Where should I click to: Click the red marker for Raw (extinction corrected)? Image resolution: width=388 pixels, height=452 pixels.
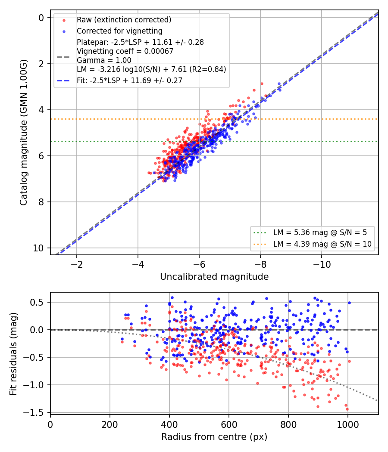pyautogui.click(x=64, y=20)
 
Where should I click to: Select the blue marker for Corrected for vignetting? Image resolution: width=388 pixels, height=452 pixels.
pyautogui.click(x=64, y=31)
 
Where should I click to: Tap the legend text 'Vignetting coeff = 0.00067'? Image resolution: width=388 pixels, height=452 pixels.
pyautogui.click(x=125, y=51)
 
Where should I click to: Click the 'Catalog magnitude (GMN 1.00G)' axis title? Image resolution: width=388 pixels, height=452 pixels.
pyautogui.click(x=23, y=133)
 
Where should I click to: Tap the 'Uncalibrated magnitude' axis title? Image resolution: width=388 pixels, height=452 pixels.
pyautogui.click(x=214, y=277)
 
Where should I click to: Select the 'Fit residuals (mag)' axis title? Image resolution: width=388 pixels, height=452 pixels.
pyautogui.click(x=13, y=354)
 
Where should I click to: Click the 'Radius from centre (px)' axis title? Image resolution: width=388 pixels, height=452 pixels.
pyautogui.click(x=214, y=437)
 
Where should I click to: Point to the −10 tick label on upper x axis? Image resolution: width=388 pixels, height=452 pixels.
pyautogui.click(x=322, y=264)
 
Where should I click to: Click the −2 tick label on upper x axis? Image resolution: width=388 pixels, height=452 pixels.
pyautogui.click(x=77, y=264)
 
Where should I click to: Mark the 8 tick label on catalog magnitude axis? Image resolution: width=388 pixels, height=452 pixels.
pyautogui.click(x=41, y=202)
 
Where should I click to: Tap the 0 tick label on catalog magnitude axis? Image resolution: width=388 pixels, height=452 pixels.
pyautogui.click(x=41, y=18)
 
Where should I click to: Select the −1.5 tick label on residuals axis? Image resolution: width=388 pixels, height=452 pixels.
pyautogui.click(x=34, y=413)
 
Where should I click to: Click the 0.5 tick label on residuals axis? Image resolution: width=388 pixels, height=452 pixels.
pyautogui.click(x=37, y=302)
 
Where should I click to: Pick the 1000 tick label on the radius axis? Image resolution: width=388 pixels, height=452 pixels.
pyautogui.click(x=348, y=424)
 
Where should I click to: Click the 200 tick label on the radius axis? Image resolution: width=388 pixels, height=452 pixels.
pyautogui.click(x=110, y=424)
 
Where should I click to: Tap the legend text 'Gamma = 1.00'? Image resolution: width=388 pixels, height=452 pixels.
pyautogui.click(x=104, y=60)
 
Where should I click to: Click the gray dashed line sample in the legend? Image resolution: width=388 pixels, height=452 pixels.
pyautogui.click(x=63, y=57)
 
